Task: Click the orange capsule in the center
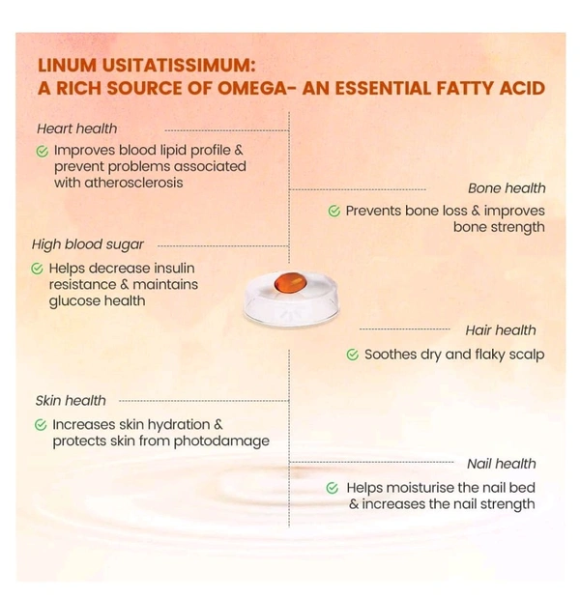click(x=289, y=283)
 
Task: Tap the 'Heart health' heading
click(x=76, y=128)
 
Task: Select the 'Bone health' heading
click(x=507, y=188)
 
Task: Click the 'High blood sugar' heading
click(x=88, y=244)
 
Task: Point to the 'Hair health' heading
click(x=501, y=330)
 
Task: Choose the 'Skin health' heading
click(x=71, y=400)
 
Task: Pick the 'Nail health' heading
click(x=501, y=464)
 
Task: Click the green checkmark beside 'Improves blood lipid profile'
click(x=42, y=151)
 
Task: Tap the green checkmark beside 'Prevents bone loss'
click(x=333, y=211)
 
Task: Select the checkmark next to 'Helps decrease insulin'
click(x=37, y=268)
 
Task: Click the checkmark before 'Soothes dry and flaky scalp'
click(x=352, y=355)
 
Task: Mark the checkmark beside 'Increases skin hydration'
click(x=41, y=424)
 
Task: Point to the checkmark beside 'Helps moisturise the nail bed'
click(x=333, y=488)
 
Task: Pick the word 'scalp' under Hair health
click(x=526, y=355)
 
